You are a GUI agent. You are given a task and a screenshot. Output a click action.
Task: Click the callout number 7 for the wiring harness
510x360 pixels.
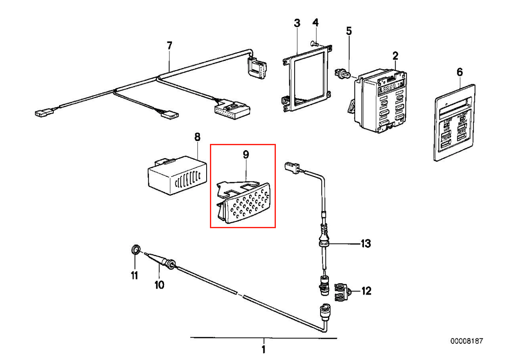169,45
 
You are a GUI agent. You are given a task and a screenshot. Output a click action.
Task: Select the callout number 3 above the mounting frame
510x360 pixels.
297,23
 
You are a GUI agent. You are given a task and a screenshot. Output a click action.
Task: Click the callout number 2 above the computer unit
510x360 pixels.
395,55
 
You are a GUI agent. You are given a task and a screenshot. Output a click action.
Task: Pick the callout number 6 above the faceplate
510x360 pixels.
460,72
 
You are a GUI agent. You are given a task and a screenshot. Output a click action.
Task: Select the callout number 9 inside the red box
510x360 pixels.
246,154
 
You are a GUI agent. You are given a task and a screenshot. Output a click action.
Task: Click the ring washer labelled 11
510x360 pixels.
135,250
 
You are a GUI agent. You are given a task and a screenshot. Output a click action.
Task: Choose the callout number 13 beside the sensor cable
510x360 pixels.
366,243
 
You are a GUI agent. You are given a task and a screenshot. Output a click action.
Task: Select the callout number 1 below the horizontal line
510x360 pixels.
263,349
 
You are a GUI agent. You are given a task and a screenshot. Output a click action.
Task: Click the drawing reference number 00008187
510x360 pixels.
467,341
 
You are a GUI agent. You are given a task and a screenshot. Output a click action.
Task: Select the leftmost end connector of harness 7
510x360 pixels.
43,112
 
